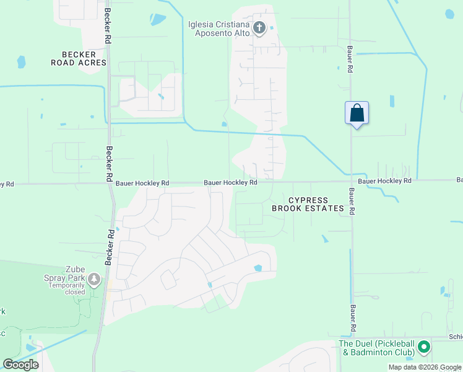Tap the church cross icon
(259, 28)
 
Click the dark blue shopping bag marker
(357, 113)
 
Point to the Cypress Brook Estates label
(308, 204)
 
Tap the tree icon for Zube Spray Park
(94, 280)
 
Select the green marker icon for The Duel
(424, 347)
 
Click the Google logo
(20, 365)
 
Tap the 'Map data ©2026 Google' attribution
(425, 367)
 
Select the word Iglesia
(202, 24)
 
